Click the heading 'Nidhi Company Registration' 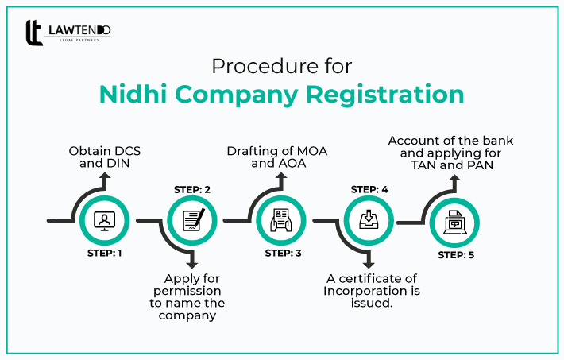[282, 93]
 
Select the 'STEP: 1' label [104, 254]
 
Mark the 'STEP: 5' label [457, 255]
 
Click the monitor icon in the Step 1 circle [104, 220]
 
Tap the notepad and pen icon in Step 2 [193, 220]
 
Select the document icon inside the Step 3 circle [282, 220]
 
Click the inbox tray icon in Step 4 [370, 220]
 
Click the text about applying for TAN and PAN [450, 153]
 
